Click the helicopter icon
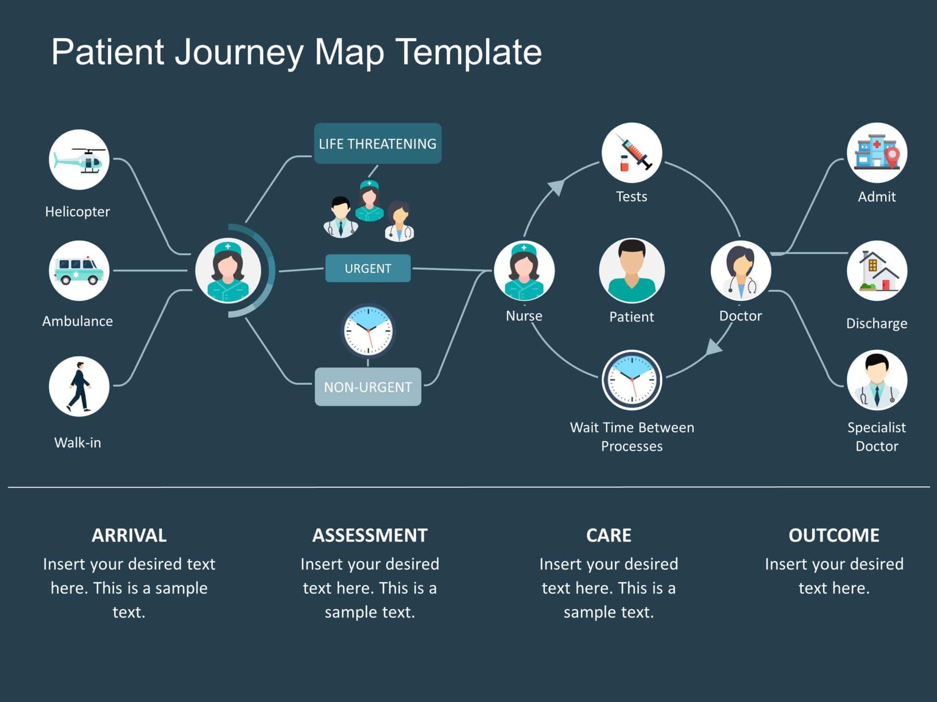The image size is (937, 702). tap(79, 160)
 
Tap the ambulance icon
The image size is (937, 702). tap(79, 271)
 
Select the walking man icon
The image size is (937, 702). tap(79, 387)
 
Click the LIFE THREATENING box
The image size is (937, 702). tap(377, 144)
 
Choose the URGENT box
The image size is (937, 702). tap(368, 268)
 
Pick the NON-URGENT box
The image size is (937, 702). tap(368, 387)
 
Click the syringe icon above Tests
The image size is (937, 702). tap(631, 153)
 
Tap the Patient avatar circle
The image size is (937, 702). tap(631, 271)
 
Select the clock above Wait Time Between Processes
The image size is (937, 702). tap(631, 380)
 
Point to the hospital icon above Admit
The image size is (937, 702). tap(877, 153)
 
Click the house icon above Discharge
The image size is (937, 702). tap(877, 271)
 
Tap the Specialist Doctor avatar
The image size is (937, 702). tap(877, 380)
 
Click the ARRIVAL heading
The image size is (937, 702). tap(129, 535)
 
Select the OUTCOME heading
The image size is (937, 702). tap(834, 535)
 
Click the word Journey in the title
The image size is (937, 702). tap(239, 52)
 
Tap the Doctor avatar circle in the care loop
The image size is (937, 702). tap(741, 271)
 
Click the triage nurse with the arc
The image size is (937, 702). tap(228, 271)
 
